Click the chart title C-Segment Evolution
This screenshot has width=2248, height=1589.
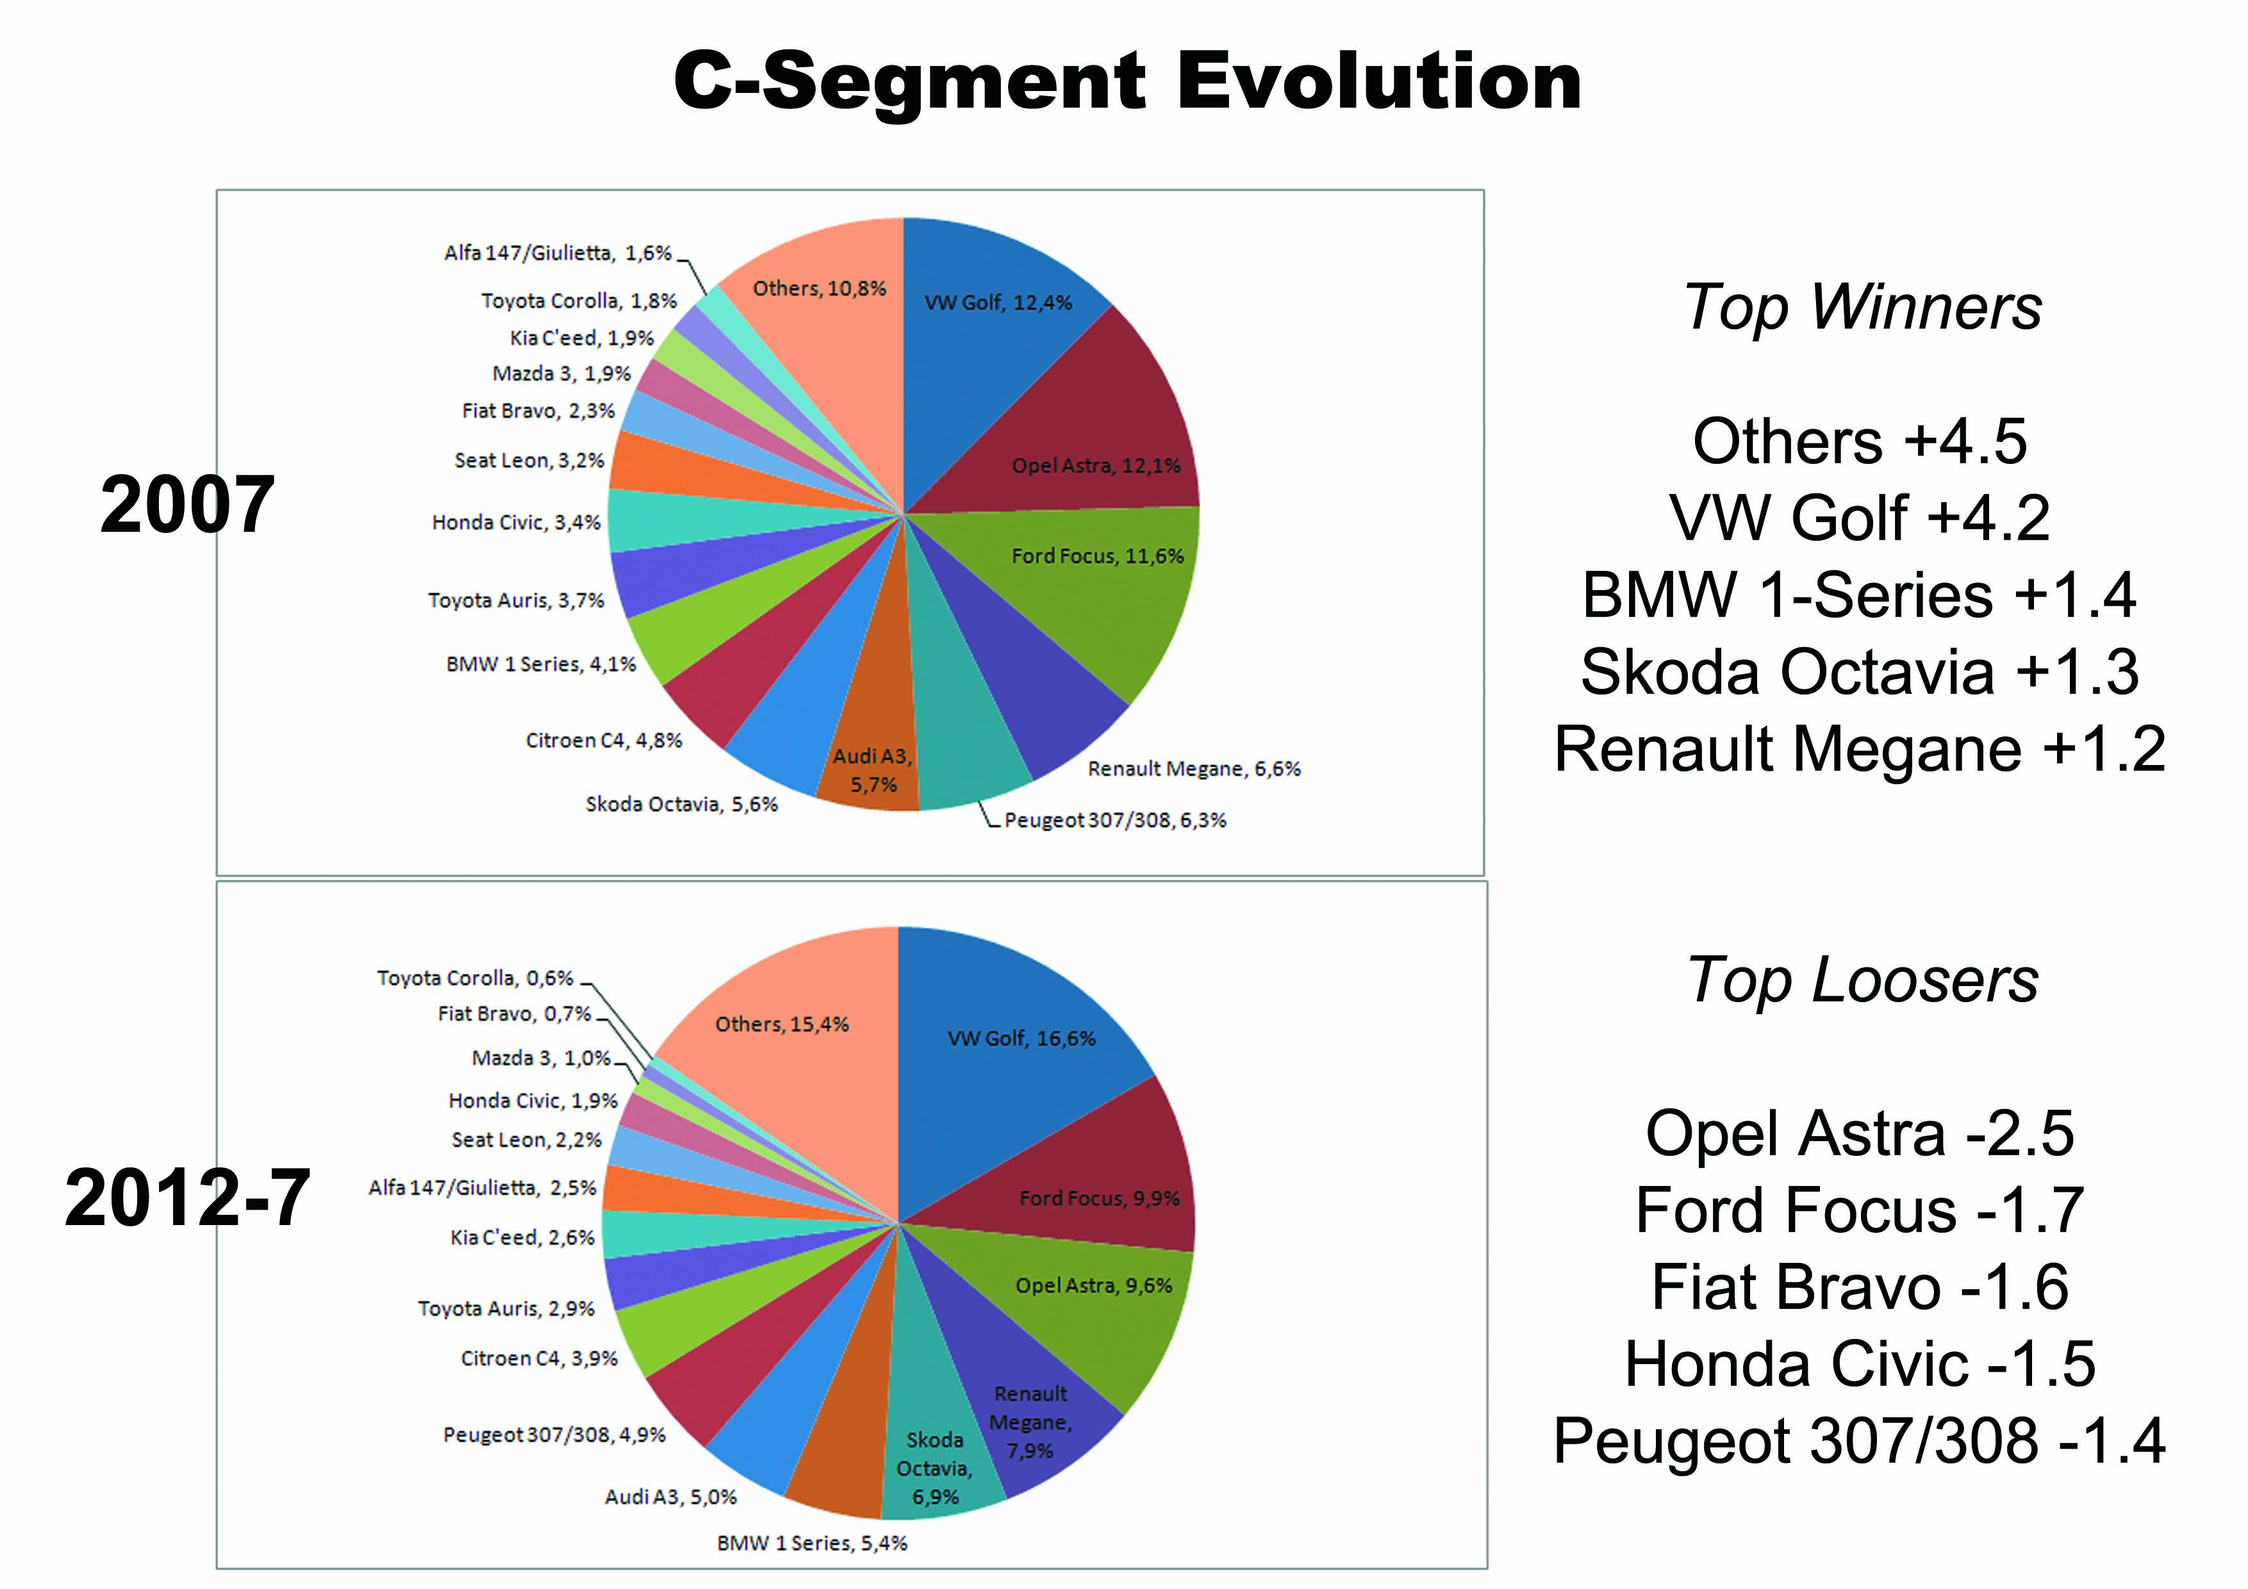point(1127,82)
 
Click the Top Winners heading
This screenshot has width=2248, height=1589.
point(1862,308)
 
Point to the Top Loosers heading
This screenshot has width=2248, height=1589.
point(1862,980)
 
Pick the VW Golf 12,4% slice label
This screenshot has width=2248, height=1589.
point(998,302)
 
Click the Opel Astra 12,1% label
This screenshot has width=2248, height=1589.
point(1096,466)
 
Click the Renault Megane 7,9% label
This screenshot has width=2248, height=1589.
point(1030,1422)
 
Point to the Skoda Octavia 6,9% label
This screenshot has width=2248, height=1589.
point(934,1469)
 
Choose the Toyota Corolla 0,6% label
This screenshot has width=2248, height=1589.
point(475,978)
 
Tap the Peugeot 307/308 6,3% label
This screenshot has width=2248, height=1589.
point(1114,820)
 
